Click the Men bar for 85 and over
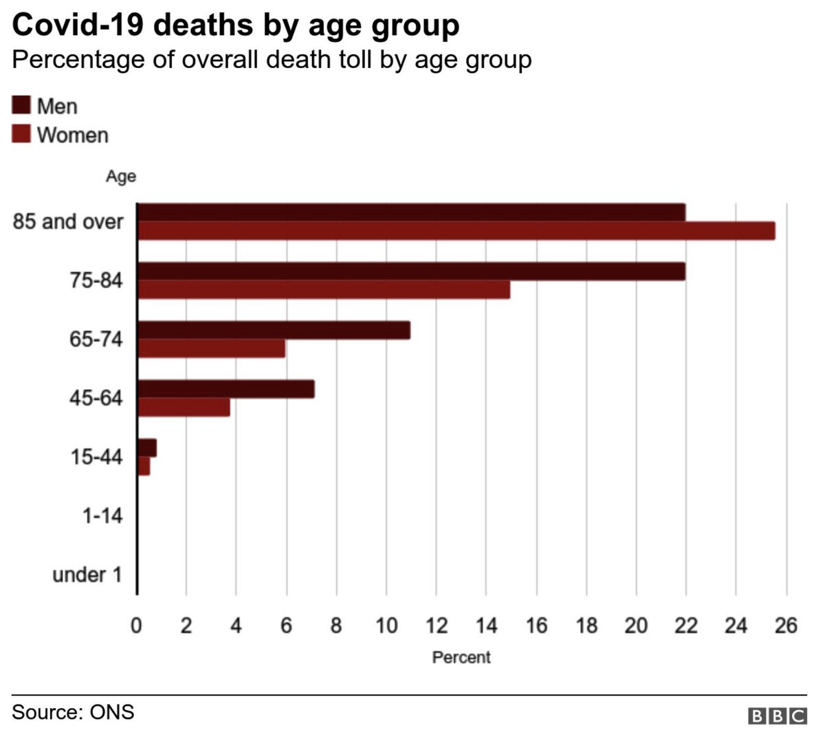411,212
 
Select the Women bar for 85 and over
456,231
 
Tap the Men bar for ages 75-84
411,272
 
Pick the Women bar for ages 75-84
323,290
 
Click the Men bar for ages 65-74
274,331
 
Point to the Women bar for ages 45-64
184,408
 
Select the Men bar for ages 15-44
147,448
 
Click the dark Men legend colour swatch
21,106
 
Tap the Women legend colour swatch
21,134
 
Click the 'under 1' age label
87,575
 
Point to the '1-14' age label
102,516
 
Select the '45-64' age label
96,397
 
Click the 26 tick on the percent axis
786,626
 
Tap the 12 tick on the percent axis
436,626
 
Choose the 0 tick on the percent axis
137,626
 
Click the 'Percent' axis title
461,658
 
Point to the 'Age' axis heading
120,177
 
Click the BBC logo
777,716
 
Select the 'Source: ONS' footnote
73,711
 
